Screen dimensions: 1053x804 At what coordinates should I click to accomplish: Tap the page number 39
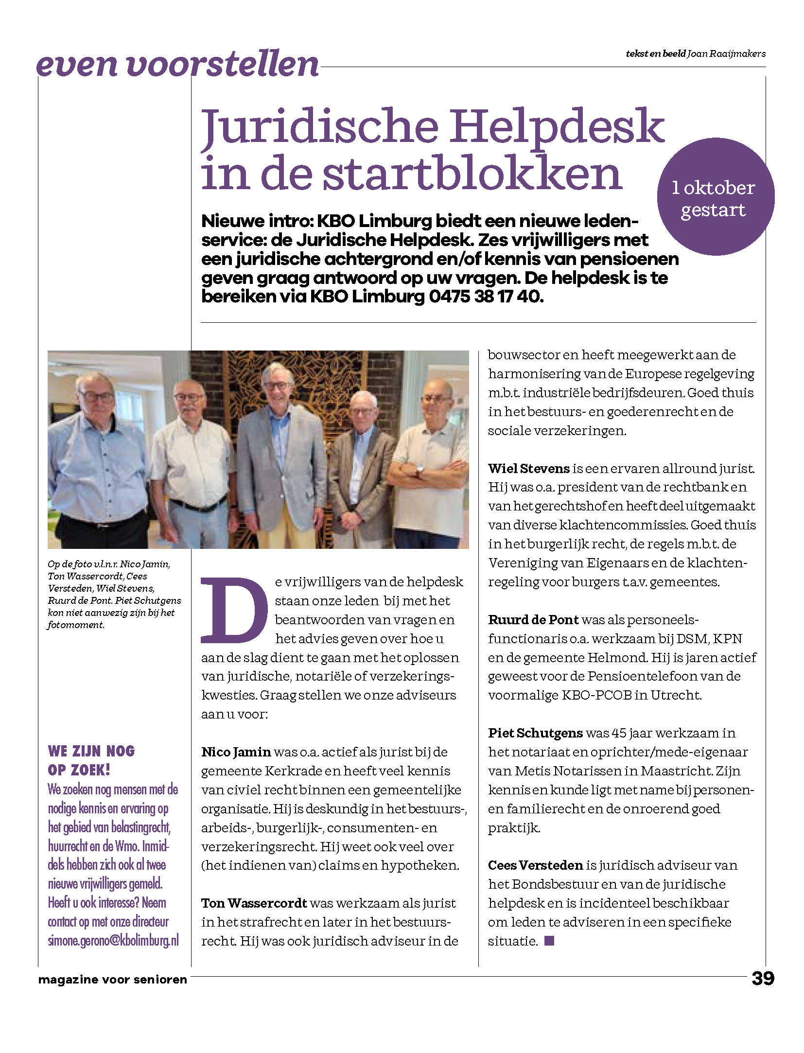(x=763, y=978)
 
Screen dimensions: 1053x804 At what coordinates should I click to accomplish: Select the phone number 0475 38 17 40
(x=486, y=296)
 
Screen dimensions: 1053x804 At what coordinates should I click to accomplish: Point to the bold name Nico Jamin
(x=236, y=752)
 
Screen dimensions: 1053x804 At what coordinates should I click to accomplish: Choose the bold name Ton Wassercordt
(x=254, y=903)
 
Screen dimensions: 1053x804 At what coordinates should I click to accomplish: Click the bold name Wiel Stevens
(x=528, y=468)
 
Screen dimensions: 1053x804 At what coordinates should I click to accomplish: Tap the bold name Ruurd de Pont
(x=533, y=619)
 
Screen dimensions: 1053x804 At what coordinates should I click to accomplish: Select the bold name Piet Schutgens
(x=535, y=733)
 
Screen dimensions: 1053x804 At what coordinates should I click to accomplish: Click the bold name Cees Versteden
(x=535, y=865)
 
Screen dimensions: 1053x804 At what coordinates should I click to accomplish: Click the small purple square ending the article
(x=549, y=941)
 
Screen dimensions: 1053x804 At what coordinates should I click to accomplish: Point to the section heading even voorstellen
(x=177, y=65)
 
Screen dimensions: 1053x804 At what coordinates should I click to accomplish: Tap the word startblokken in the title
(x=472, y=174)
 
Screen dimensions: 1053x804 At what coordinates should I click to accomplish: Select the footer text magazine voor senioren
(x=113, y=979)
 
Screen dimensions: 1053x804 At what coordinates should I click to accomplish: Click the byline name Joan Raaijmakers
(x=726, y=53)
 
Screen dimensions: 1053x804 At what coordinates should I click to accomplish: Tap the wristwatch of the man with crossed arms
(x=419, y=470)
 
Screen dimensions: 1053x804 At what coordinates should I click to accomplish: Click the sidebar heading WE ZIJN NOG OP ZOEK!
(x=91, y=760)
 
